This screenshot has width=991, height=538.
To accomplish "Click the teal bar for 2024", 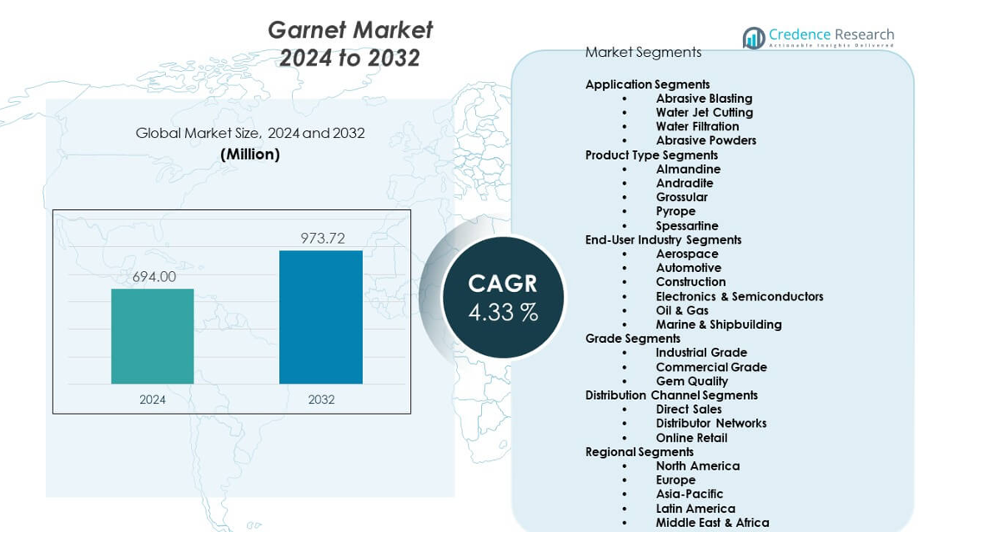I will point(152,336).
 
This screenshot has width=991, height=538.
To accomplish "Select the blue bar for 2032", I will point(321,317).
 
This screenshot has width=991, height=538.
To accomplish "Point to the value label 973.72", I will point(322,238).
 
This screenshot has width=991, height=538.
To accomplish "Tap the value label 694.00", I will point(154,276).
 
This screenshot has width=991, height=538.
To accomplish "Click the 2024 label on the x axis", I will point(152,400).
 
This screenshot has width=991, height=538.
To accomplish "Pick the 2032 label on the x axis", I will point(321,400).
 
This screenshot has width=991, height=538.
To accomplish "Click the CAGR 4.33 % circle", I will point(503,297).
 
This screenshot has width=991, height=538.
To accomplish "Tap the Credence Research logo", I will point(817,37).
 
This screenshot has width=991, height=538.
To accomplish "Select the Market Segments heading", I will point(643,52).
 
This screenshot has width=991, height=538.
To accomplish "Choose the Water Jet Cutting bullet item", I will point(703,112).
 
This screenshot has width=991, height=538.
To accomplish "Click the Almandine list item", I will point(688,169).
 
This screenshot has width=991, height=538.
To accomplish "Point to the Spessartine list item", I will point(687,225).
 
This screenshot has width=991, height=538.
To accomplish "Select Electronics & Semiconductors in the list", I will point(739,296).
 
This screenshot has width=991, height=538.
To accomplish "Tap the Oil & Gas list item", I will point(682,310).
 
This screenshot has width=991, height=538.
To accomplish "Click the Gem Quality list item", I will point(691,381).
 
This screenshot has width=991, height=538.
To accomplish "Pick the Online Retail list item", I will point(691,438).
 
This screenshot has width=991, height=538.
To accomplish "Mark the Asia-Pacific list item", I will point(689,494).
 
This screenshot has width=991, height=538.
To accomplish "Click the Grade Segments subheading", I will point(632,339).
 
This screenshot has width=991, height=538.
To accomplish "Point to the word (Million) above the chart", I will point(250,155).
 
